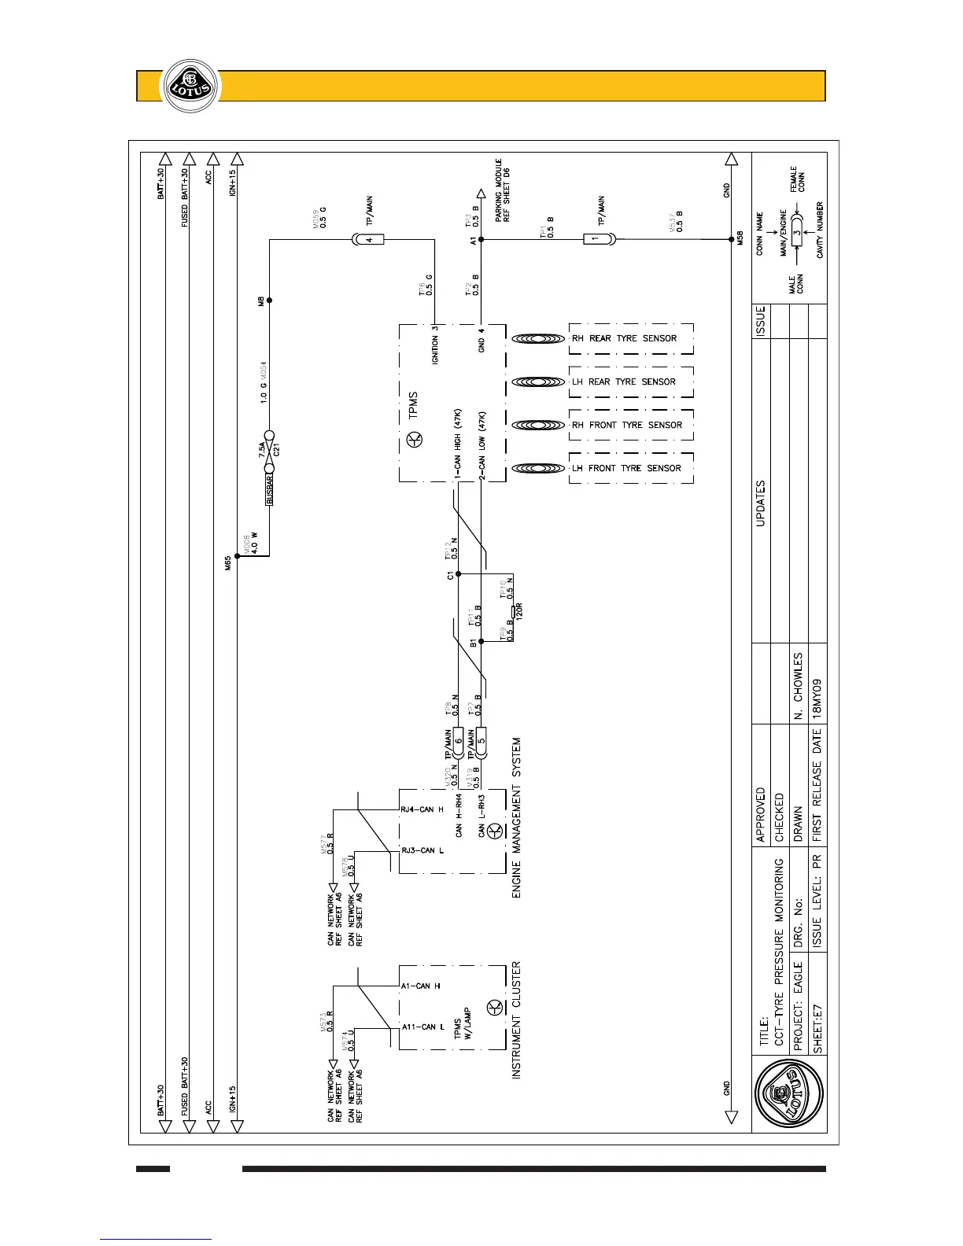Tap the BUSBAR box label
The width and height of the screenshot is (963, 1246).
[x=270, y=489]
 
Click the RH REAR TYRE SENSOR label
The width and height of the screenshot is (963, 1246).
[x=624, y=338]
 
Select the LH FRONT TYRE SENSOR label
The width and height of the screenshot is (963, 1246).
[x=626, y=468]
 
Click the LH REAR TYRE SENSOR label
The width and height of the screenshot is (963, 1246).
[x=624, y=382]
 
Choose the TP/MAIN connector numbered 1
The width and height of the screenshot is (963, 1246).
[x=596, y=239]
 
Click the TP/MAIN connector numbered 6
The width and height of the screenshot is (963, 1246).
[x=459, y=740]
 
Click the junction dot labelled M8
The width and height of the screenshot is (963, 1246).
[x=270, y=300]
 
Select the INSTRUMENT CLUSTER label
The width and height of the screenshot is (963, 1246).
[x=517, y=1019]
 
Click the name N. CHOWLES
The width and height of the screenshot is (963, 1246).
[x=798, y=686]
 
